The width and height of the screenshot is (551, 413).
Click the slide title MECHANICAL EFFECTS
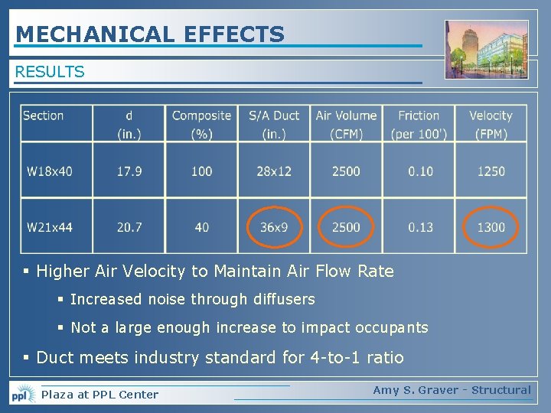pyautogui.click(x=150, y=34)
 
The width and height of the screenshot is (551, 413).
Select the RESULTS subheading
pyautogui.click(x=50, y=72)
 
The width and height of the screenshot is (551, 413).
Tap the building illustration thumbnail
pyautogui.click(x=487, y=50)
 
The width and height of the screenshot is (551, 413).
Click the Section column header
pyautogui.click(x=44, y=115)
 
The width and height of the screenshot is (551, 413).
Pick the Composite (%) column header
pyautogui.click(x=201, y=124)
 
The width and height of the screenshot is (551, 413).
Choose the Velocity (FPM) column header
pyautogui.click(x=491, y=124)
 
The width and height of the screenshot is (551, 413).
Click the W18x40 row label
pyautogui.click(x=50, y=171)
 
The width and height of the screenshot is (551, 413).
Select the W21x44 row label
pyautogui.click(x=50, y=227)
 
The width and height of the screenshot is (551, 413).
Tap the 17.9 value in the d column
pyautogui.click(x=129, y=171)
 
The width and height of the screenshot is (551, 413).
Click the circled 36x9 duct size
pyautogui.click(x=274, y=227)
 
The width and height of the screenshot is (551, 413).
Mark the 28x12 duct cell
pyautogui.click(x=274, y=171)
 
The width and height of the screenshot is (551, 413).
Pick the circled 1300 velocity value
pyautogui.click(x=491, y=227)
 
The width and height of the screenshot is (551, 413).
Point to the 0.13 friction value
pyautogui.click(x=420, y=227)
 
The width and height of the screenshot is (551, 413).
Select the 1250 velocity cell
pyautogui.click(x=491, y=171)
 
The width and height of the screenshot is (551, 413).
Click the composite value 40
pyautogui.click(x=201, y=227)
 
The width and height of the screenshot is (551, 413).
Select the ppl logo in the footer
pyautogui.click(x=22, y=394)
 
